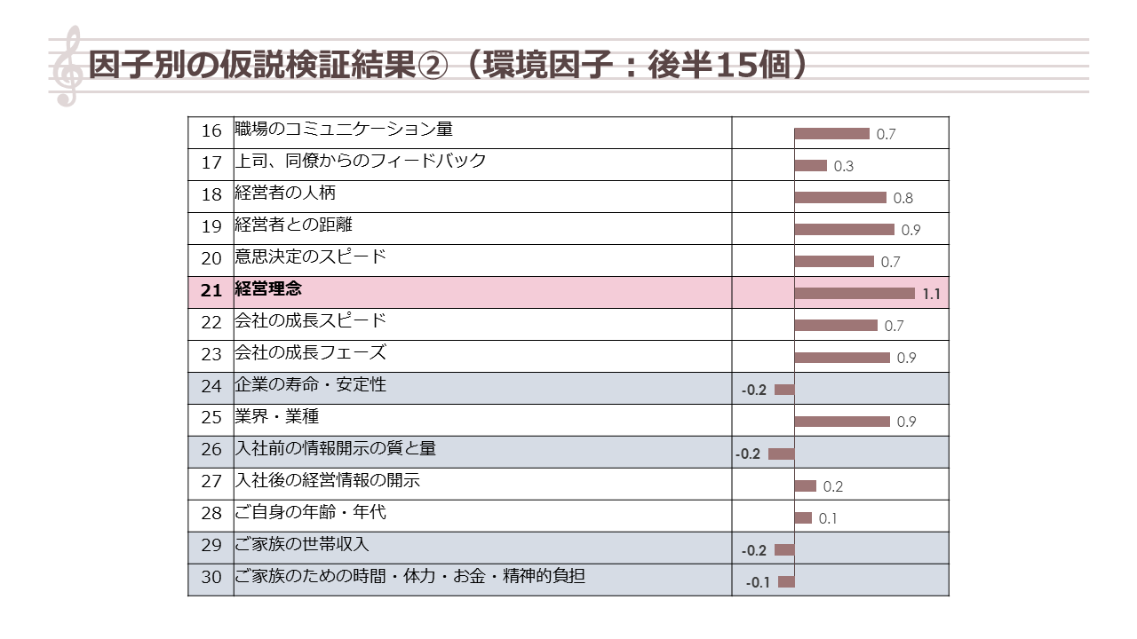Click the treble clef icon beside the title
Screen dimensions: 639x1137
(x=68, y=67)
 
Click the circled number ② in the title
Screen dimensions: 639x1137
(x=437, y=65)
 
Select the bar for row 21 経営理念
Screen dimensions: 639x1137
(x=855, y=293)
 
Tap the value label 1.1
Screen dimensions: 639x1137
(x=931, y=295)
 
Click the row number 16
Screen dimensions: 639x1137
(x=211, y=131)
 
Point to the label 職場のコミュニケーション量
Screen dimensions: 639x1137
(x=344, y=130)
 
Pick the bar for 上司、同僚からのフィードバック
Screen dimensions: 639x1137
(x=811, y=165)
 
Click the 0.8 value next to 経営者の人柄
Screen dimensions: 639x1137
(x=903, y=199)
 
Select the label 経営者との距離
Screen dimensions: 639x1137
(x=294, y=225)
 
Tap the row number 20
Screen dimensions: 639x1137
(x=211, y=259)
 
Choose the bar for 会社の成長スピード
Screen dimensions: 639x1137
(x=836, y=325)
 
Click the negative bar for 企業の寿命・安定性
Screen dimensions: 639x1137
(x=784, y=390)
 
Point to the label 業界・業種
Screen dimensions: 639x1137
(x=277, y=417)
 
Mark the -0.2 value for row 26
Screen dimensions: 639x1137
(x=748, y=454)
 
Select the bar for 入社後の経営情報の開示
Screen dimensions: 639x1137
(x=806, y=485)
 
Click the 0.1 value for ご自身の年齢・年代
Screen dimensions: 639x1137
(x=827, y=519)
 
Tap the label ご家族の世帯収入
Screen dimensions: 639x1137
(x=302, y=545)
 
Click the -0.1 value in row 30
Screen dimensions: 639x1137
(x=758, y=583)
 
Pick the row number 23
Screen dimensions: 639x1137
(x=211, y=355)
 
